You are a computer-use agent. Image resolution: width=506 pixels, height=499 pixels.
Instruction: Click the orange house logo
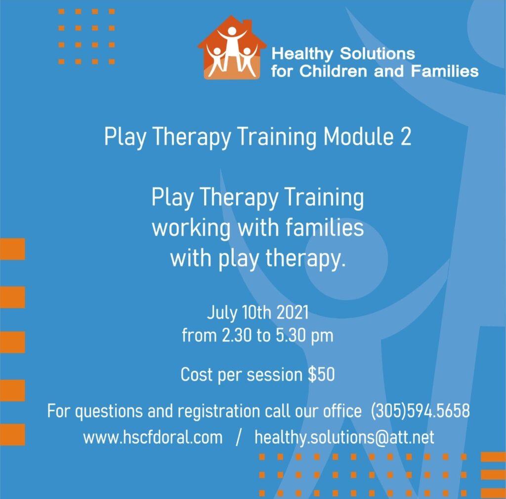232,47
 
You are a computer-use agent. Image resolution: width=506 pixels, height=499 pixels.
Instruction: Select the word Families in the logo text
445,71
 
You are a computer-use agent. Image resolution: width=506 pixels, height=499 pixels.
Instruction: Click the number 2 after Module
406,137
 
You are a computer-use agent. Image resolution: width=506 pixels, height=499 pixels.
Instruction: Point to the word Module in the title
359,137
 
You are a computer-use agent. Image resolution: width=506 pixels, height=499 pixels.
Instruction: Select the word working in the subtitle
191,228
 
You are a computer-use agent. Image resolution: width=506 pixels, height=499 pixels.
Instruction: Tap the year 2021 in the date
293,312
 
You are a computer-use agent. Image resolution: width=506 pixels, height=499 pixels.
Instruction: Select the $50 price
321,375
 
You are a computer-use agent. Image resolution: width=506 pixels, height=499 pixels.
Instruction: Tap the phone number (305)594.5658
420,411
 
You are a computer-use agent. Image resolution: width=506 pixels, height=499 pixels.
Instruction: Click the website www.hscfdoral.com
153,437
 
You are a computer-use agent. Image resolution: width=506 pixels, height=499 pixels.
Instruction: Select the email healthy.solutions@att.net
344,438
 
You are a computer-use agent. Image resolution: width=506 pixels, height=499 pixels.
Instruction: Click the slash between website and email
239,438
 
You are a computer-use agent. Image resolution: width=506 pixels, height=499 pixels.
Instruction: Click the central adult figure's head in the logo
232,31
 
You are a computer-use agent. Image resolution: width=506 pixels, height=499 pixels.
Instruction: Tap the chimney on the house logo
247,25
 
